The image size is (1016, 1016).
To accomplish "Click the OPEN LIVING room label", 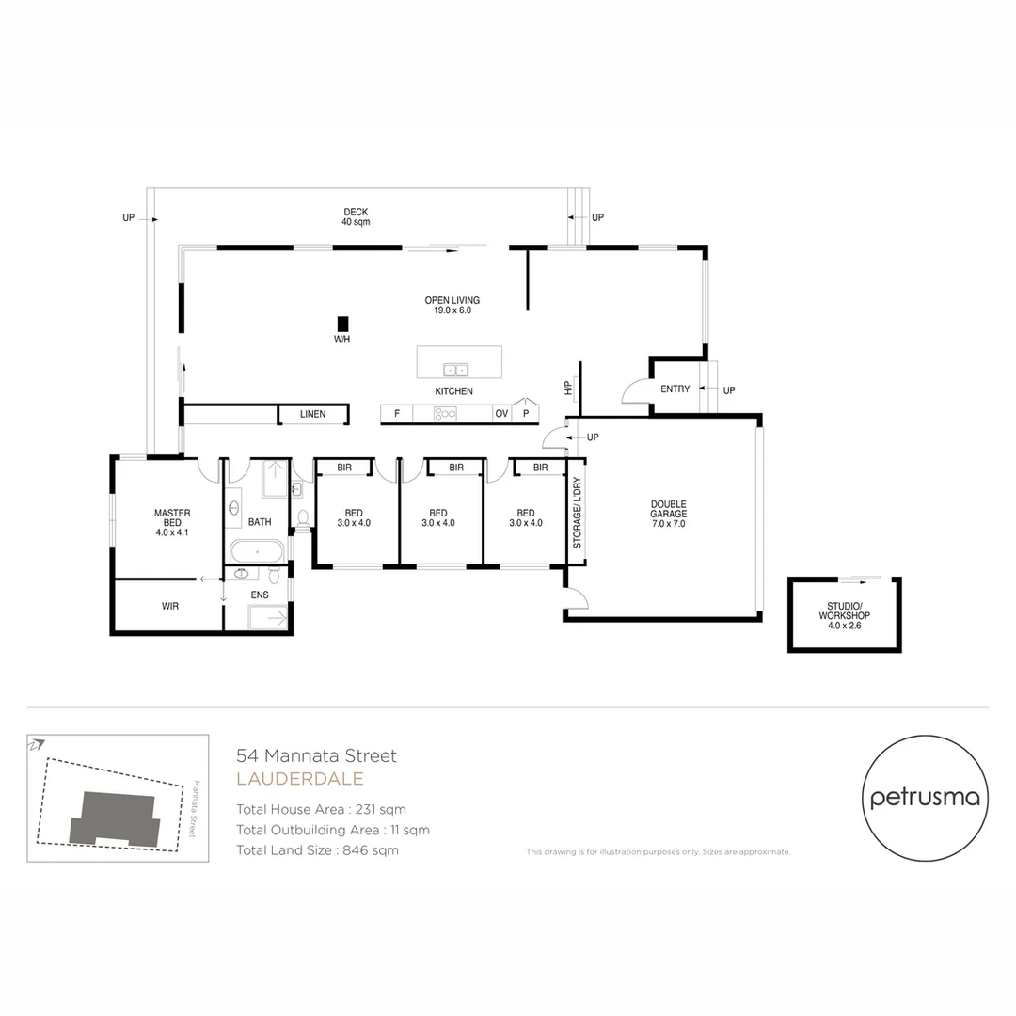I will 452,305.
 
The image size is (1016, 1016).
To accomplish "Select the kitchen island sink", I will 455,369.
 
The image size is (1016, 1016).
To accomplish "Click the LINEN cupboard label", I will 312,414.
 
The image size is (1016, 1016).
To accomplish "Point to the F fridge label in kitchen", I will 397,414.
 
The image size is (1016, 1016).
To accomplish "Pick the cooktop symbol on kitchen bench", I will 445,413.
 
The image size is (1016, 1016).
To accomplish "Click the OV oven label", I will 501,414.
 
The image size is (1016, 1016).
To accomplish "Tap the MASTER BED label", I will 172,522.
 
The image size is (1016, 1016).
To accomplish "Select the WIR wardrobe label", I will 169,606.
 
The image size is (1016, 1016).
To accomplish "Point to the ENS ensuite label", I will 260,595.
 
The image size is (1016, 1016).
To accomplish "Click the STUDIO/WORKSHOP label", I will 844,615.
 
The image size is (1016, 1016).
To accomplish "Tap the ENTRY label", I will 675,389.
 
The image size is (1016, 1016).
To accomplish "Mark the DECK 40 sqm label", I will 356,216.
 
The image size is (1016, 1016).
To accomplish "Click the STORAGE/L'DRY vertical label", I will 577,515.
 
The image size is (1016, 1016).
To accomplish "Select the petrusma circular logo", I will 925,799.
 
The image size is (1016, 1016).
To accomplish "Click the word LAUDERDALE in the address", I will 300,779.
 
